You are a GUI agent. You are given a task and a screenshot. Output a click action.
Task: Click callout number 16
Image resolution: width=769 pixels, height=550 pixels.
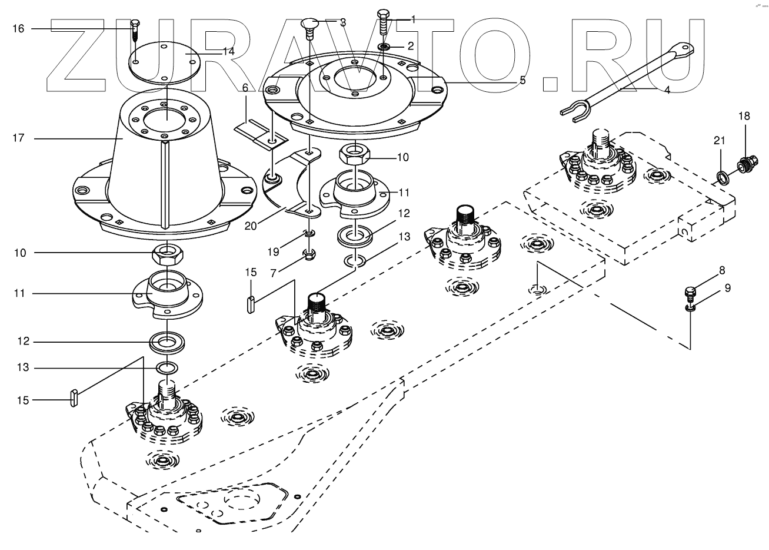(x=18, y=28)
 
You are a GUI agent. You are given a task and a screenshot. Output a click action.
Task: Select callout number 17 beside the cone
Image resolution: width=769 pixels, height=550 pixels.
(x=18, y=138)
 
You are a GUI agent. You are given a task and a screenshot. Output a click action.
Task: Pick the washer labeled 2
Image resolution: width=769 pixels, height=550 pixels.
(x=383, y=46)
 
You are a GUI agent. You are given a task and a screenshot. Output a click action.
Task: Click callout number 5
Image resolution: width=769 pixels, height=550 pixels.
(x=522, y=80)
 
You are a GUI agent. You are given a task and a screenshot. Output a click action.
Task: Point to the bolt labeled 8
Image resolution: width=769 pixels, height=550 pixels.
(x=691, y=291)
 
